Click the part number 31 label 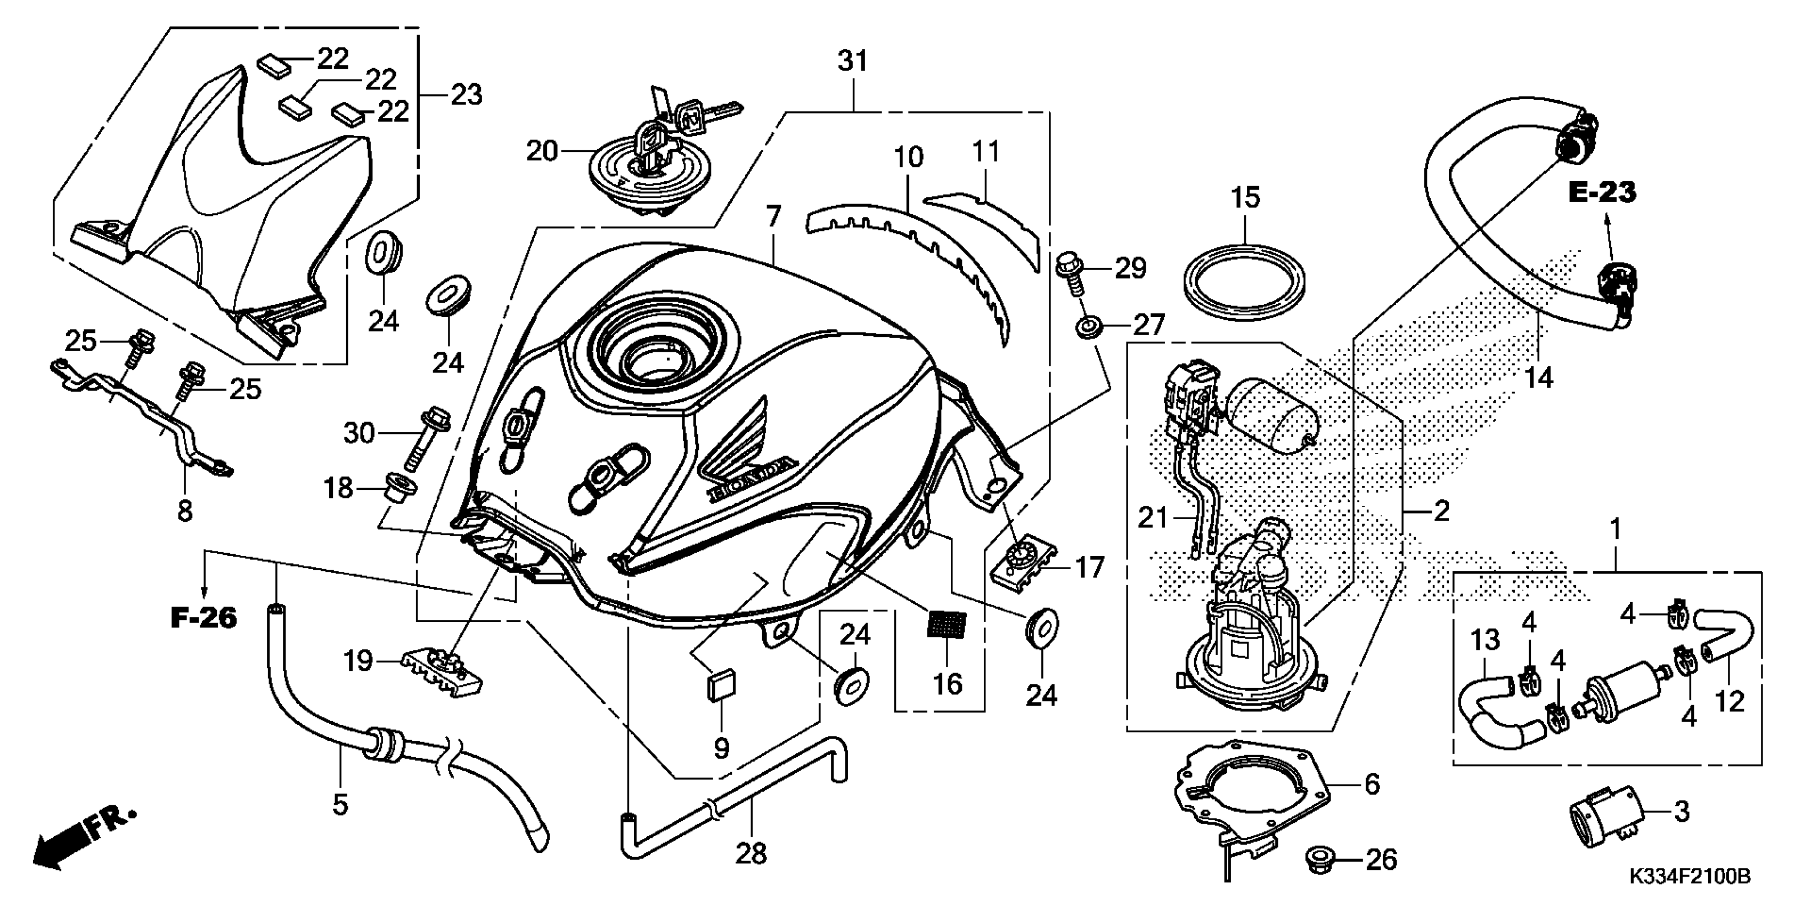[x=853, y=61]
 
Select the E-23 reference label [x=1602, y=192]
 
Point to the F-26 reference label [x=204, y=618]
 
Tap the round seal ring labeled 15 [x=1245, y=277]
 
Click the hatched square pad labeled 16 [x=947, y=625]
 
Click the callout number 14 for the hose [x=1538, y=378]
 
